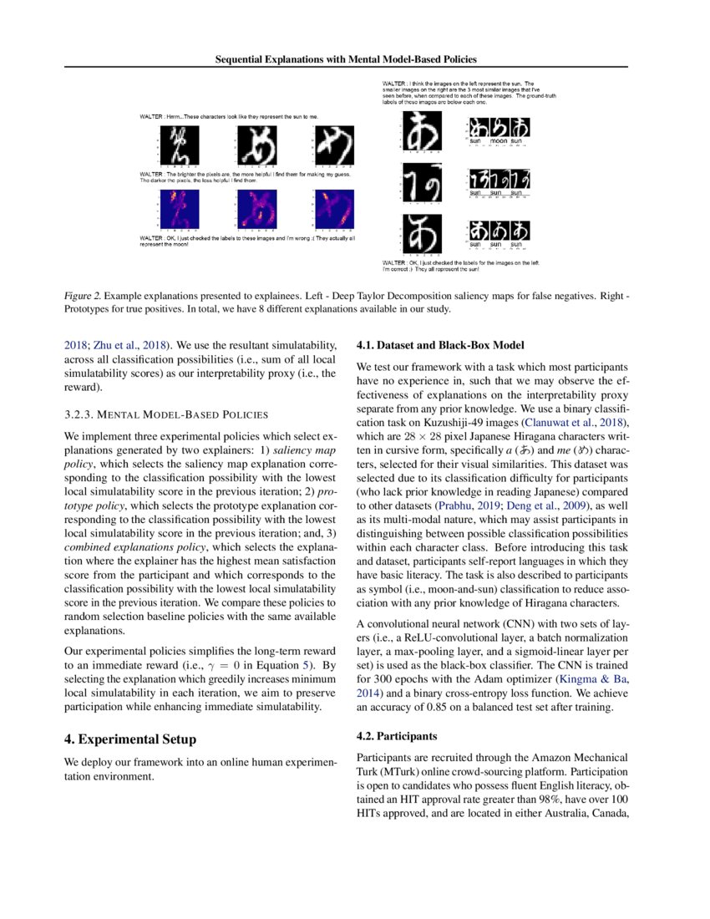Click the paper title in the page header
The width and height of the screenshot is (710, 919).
pyautogui.click(x=354, y=59)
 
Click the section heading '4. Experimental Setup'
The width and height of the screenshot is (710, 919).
pyautogui.click(x=130, y=739)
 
